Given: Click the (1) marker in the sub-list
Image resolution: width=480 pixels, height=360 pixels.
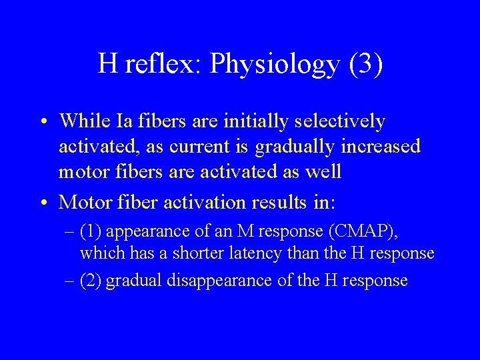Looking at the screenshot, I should pos(91,231).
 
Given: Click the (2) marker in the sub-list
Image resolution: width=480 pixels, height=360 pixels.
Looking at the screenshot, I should pos(91,280).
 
